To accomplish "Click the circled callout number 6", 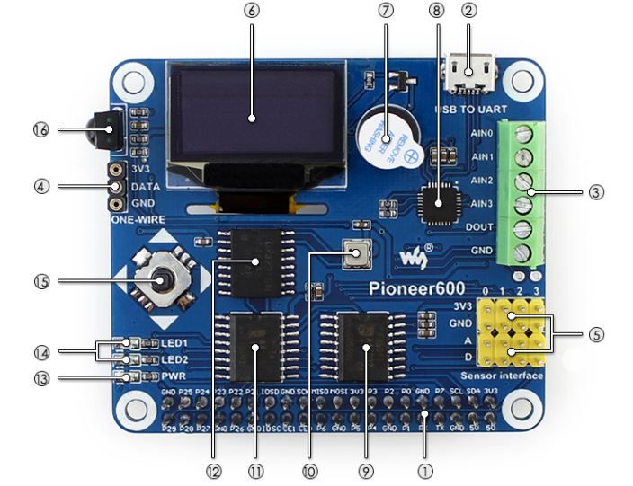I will [x=250, y=11].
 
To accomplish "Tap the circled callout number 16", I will [x=40, y=129].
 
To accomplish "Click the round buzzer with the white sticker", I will [x=386, y=139].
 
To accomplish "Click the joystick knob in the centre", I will [x=163, y=282].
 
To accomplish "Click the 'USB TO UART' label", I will [x=471, y=110].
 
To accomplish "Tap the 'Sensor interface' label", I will [x=502, y=375].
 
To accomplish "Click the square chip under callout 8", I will [x=439, y=203].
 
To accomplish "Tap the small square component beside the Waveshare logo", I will [x=357, y=255].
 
